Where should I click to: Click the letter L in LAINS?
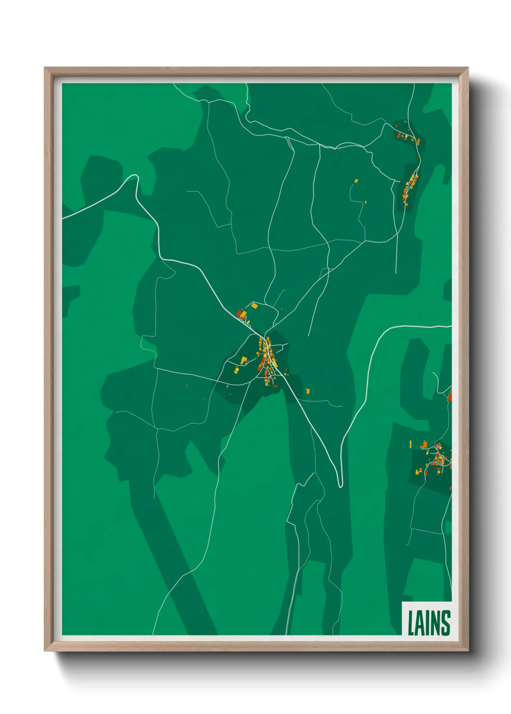point(411,623)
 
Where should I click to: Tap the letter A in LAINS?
point(419,623)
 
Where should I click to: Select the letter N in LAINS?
point(433,623)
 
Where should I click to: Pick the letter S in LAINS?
point(445,623)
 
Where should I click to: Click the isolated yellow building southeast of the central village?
point(307,391)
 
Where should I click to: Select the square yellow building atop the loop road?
point(254,305)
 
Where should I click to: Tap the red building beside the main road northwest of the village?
point(239,314)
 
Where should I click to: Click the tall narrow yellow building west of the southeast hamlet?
point(411,443)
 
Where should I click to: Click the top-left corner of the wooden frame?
point(45,68)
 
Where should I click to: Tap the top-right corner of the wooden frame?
point(468,68)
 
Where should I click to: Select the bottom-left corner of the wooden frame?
point(45,650)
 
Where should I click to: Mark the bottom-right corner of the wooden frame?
point(468,650)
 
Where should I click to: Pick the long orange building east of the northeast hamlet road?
point(418,142)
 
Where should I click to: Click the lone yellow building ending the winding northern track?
point(356,180)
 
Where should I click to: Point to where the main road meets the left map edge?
point(63,218)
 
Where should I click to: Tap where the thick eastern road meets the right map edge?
point(451,327)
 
